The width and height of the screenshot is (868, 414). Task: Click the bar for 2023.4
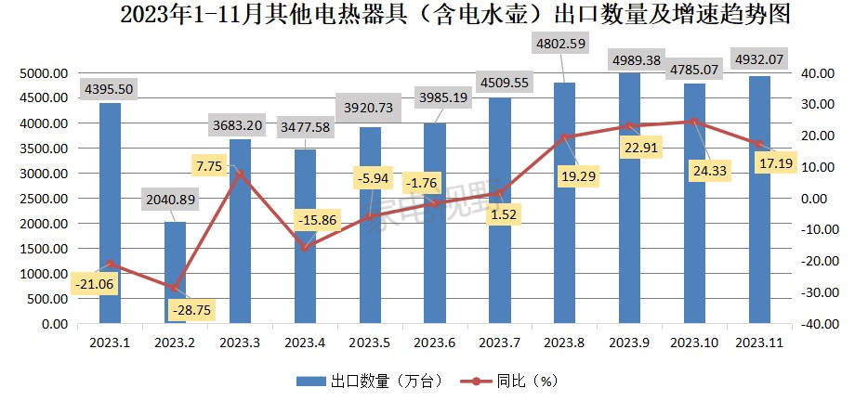click(305, 237)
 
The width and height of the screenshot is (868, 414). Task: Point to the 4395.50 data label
click(111, 89)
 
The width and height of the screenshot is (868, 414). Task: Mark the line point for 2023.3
click(241, 174)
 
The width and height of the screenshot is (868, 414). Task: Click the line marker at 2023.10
click(695, 122)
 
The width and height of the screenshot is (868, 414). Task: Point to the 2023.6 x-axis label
click(434, 343)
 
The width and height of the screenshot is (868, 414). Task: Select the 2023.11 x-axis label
click(760, 343)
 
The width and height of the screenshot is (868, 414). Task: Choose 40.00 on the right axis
click(821, 72)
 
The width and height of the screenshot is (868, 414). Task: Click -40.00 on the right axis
click(819, 325)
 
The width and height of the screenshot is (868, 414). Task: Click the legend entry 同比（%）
click(514, 382)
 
